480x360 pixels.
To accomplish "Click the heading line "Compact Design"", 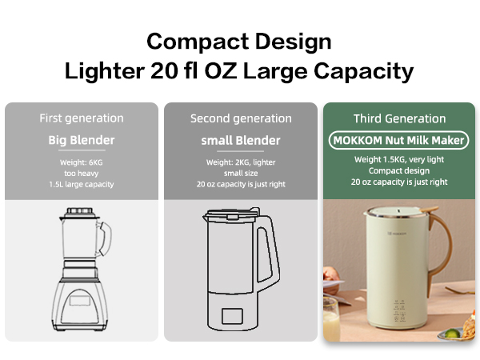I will tap(239, 41).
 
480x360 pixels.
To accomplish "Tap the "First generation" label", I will tap(82, 118).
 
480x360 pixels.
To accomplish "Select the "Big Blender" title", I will tap(82, 141).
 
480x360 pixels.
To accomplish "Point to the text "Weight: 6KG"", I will tap(82, 162).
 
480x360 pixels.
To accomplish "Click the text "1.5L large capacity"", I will tap(82, 184).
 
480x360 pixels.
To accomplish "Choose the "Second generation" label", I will tap(241, 118).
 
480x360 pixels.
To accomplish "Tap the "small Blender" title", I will tap(241, 141).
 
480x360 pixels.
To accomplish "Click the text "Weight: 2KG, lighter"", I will tap(241, 162).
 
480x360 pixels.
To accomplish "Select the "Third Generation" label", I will tap(400, 118).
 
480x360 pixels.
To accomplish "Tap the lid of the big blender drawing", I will tap(80, 214).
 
